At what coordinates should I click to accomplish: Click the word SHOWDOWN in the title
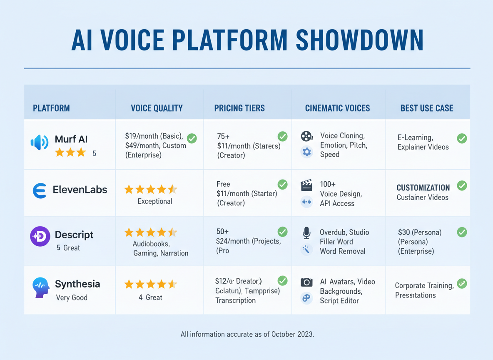(359, 41)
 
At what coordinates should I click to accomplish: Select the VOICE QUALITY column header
(157, 108)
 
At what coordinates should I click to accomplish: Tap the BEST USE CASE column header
(426, 108)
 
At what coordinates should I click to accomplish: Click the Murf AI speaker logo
(40, 142)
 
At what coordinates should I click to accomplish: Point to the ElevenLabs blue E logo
(40, 190)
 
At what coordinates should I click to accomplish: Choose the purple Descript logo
(40, 236)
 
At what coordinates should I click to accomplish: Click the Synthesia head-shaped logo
(40, 287)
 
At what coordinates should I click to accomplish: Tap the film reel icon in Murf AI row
(306, 136)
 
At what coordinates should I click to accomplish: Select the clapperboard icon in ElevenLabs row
(306, 185)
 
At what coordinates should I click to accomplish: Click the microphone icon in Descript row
(306, 233)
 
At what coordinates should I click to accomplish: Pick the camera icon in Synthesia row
(306, 282)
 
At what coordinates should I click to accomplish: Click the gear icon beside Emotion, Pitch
(306, 152)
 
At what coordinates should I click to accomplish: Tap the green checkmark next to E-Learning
(462, 138)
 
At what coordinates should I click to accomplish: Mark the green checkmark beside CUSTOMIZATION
(462, 185)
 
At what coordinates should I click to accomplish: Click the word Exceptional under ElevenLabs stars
(154, 202)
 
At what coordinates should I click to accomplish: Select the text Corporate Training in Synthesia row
(424, 286)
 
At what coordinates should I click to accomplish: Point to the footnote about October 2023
(247, 334)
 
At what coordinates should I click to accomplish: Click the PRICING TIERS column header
(239, 108)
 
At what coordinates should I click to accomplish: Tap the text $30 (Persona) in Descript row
(420, 232)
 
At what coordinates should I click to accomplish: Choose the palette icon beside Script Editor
(306, 298)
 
